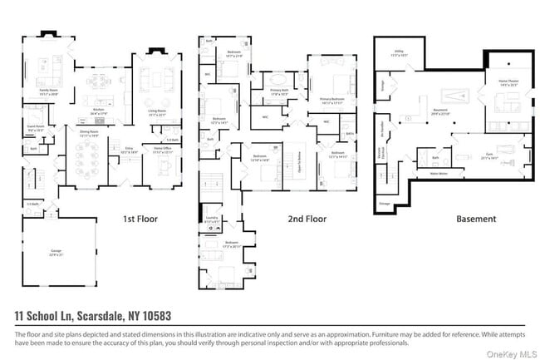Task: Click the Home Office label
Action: pyautogui.click(x=162, y=150)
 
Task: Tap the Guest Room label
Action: pyautogui.click(x=35, y=129)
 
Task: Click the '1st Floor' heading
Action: pyautogui.click(x=140, y=219)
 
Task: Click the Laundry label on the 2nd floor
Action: pyautogui.click(x=211, y=220)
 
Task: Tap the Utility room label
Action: pyautogui.click(x=399, y=53)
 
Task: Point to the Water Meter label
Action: pyautogui.click(x=438, y=174)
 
